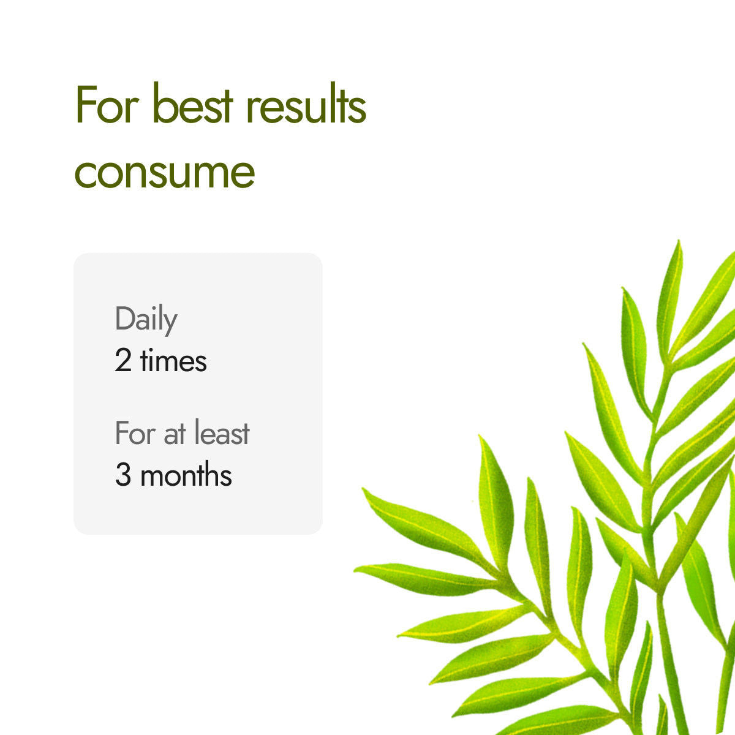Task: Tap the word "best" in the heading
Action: pos(192,105)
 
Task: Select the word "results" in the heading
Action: pos(306,105)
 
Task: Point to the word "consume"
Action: pos(164,173)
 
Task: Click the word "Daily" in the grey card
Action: pos(146,319)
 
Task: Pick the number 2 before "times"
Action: pos(123,361)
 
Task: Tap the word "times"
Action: pos(173,360)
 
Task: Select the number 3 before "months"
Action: pos(123,475)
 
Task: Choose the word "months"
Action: pos(186,475)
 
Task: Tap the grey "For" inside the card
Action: pos(135,434)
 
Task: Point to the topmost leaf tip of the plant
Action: pos(679,242)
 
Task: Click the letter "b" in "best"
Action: pos(162,105)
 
